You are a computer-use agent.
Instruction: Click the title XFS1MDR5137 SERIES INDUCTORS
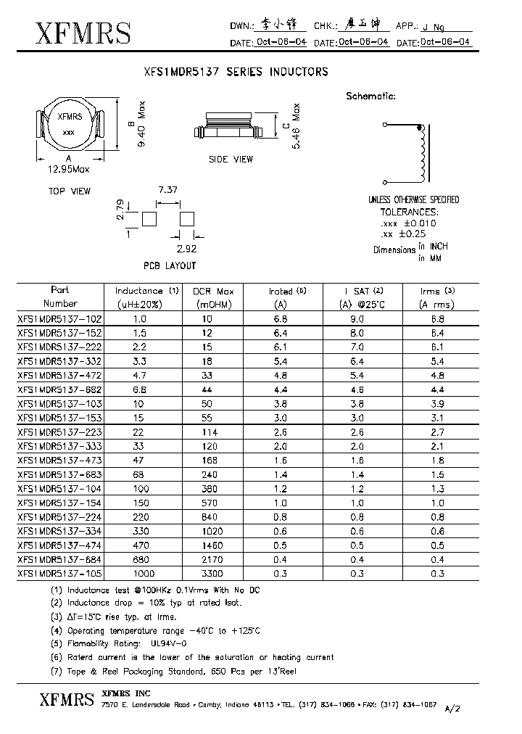click(x=236, y=72)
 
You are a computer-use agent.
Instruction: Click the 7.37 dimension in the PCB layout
click(x=167, y=189)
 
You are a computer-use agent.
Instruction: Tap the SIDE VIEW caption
click(x=231, y=159)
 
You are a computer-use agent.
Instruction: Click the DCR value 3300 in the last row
click(x=211, y=573)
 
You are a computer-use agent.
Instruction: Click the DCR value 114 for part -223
click(x=211, y=432)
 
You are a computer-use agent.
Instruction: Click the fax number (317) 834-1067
click(x=409, y=704)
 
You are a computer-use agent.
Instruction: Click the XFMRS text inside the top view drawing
click(x=69, y=117)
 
